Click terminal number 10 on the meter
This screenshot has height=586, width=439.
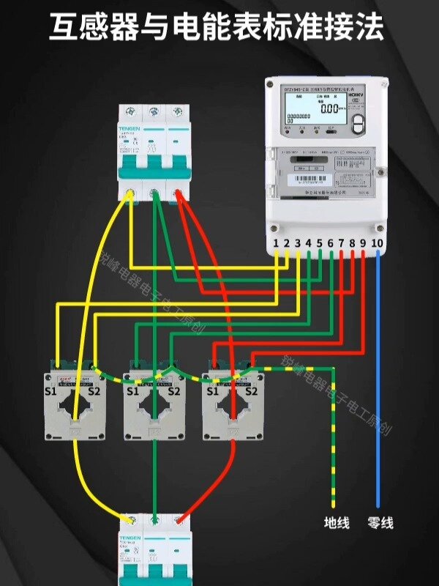(378, 242)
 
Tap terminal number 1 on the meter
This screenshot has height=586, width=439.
(276, 242)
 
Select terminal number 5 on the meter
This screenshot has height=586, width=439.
(320, 242)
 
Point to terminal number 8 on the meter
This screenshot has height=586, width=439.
(352, 242)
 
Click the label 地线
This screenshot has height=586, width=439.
(337, 523)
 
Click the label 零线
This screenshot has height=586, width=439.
(380, 523)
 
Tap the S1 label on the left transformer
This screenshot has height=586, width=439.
(52, 391)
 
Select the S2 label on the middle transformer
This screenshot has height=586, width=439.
(173, 391)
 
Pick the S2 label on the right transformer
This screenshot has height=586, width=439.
(252, 391)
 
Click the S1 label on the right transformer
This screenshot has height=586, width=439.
(213, 391)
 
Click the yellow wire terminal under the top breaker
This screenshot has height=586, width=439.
(130, 194)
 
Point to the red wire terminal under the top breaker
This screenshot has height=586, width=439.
(178, 194)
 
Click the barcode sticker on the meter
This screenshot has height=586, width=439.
(304, 178)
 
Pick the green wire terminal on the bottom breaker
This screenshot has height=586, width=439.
(155, 519)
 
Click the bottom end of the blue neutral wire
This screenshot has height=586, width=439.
(378, 505)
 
